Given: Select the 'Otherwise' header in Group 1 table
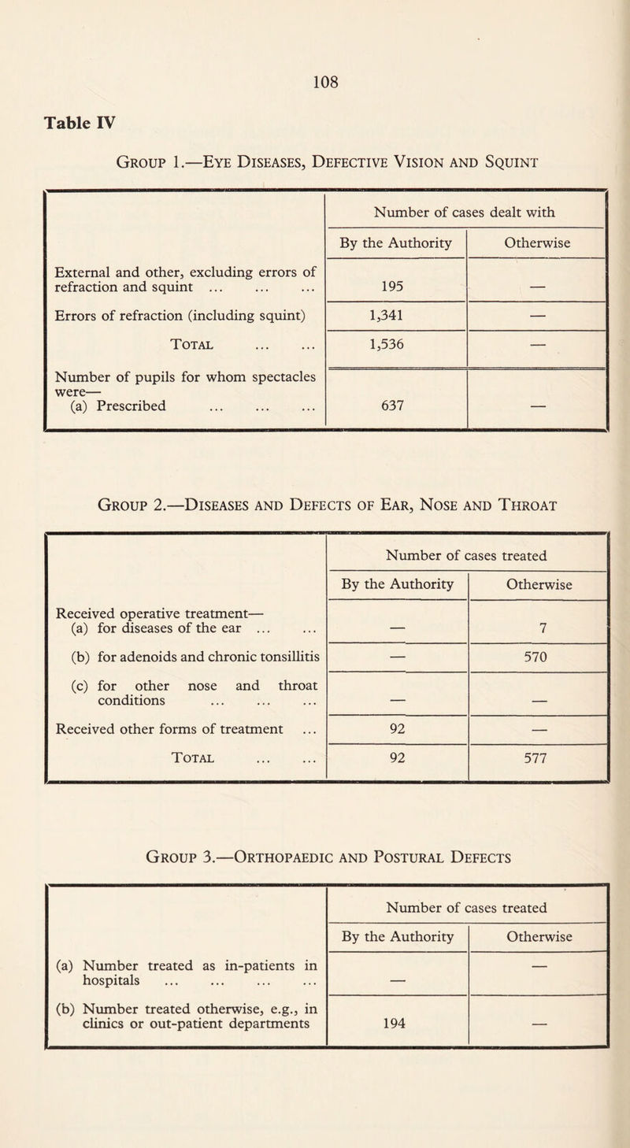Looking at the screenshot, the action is (539, 243).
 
